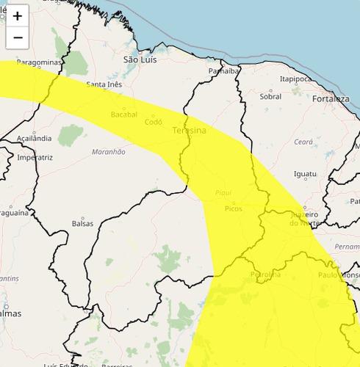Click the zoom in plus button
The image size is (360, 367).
[x=18, y=15]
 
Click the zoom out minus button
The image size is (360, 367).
[x=18, y=37]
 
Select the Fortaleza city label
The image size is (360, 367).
[x=330, y=98]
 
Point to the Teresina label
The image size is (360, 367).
[x=189, y=130]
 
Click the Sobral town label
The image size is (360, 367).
[x=270, y=96]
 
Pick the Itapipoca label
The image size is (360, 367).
[x=296, y=79]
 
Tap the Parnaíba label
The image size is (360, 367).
[x=224, y=71]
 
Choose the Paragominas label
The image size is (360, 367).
[x=39, y=63]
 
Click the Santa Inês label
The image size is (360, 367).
[x=104, y=84]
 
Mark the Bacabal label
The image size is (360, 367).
[x=123, y=115]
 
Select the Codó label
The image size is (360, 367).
[x=153, y=122]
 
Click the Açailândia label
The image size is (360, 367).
[x=34, y=138]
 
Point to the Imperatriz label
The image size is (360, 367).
[x=35, y=157]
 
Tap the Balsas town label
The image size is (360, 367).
[x=82, y=224]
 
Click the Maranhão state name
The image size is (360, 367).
[x=109, y=151]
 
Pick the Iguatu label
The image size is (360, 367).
[x=304, y=174]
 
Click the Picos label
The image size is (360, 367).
[x=234, y=209]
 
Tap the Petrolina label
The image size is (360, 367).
[x=265, y=275]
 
